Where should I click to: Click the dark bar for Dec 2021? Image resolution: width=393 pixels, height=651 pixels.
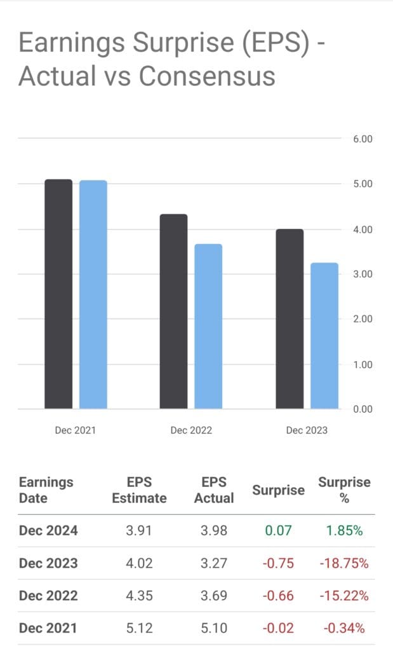pos(58,294)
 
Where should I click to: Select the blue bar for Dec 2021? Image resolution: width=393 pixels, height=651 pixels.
pos(93,294)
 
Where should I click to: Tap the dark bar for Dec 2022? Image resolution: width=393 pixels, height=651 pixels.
pos(173,312)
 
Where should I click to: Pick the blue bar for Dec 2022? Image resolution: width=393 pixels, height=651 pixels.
pos(208,326)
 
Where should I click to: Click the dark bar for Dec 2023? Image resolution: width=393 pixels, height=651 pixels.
pos(290,319)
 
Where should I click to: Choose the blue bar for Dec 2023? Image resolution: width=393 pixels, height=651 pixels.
pos(324,336)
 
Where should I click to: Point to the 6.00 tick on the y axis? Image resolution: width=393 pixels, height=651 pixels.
pos(363,139)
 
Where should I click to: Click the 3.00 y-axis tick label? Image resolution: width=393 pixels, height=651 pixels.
pos(363,274)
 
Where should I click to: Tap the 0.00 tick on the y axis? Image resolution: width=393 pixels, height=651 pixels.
pos(363,409)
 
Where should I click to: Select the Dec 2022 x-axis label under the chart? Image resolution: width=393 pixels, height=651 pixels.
pos(191,430)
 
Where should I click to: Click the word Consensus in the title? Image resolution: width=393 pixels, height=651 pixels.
pos(207,76)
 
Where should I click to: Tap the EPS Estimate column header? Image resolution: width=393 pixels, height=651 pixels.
pos(139,490)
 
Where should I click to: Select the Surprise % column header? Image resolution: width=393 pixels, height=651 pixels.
pos(344,490)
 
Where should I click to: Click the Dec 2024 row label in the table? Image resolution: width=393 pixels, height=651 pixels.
pos(48,531)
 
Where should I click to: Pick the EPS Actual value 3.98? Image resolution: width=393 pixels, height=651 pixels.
pos(214,531)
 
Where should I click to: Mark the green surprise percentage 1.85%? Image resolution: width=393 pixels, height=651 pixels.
pos(344,531)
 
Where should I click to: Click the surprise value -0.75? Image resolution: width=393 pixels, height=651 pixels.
pos(278,563)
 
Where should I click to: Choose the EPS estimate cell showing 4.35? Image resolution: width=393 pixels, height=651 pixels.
pos(139,596)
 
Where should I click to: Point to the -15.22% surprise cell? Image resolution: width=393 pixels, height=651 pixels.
pos(344,596)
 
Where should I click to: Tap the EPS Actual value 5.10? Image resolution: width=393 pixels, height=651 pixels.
pos(214,629)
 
